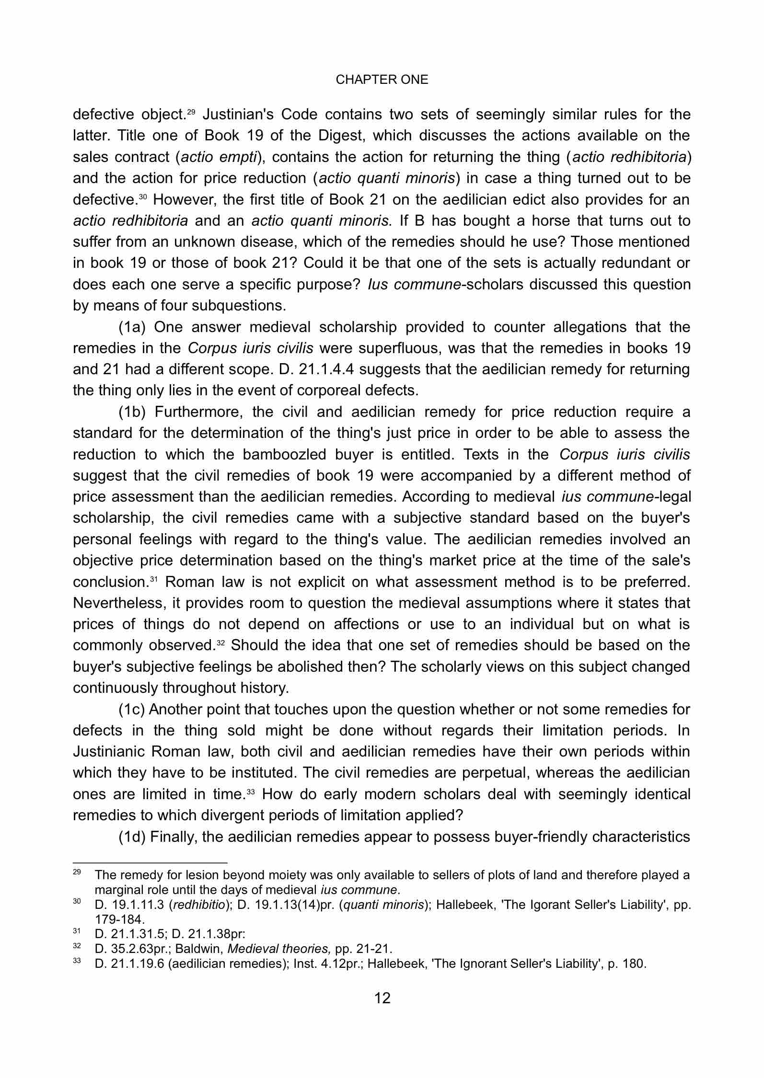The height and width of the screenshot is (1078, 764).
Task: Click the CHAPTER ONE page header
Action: (x=382, y=80)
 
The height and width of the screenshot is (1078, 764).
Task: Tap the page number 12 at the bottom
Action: (x=382, y=998)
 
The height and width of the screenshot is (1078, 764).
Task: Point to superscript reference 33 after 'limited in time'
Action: (x=250, y=791)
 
